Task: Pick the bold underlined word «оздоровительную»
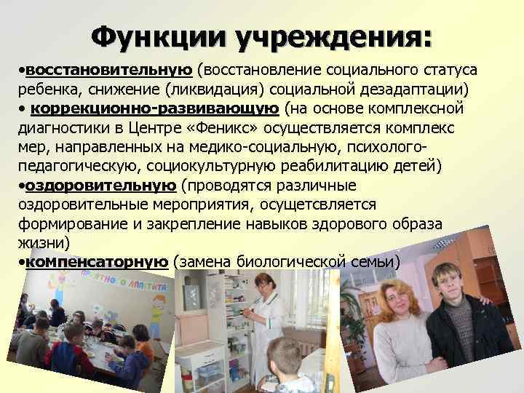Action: click(100, 185)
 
